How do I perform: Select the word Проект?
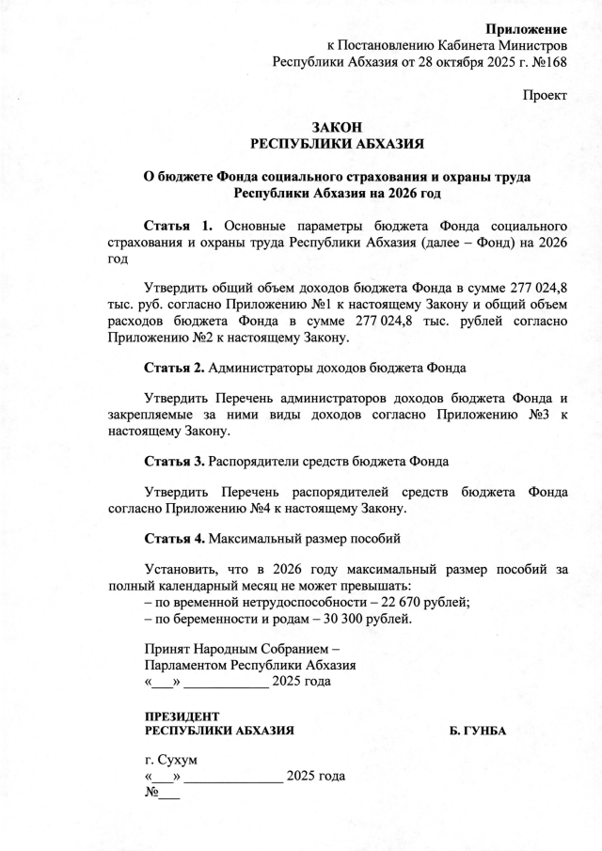[x=546, y=96]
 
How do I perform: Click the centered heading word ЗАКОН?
[x=336, y=128]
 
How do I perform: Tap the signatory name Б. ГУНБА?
[x=480, y=731]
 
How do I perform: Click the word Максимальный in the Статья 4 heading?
[x=255, y=539]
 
